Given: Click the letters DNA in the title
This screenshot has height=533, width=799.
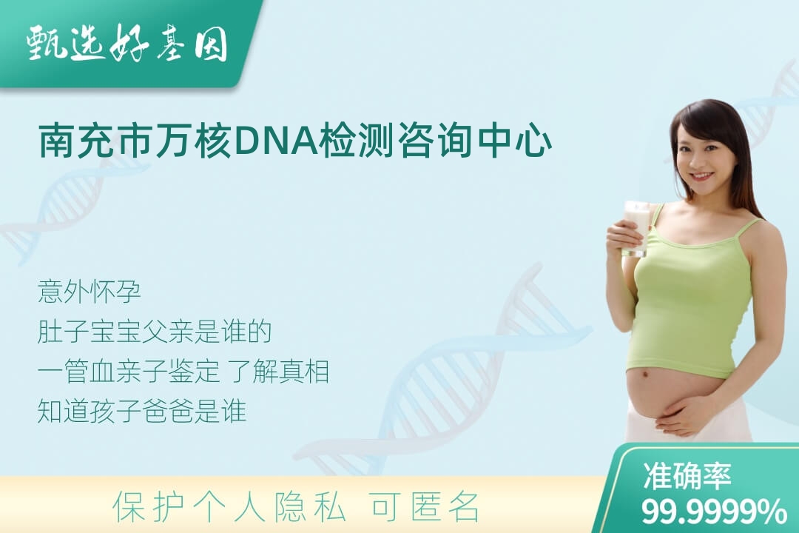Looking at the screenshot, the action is tap(276, 140).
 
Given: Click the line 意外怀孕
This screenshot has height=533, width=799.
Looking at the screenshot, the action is tap(90, 291).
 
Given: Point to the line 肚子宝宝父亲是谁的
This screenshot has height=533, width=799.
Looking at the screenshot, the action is tap(155, 332).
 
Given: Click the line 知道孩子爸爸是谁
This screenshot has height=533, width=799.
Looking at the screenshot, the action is tap(142, 411).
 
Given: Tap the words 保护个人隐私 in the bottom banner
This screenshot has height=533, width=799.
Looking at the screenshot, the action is tap(229, 507).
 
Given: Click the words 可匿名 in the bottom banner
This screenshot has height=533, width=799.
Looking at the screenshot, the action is tap(425, 507).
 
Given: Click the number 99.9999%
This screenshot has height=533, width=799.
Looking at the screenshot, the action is tap(714, 511).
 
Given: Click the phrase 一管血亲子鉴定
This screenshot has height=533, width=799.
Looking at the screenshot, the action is tap(129, 371).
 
